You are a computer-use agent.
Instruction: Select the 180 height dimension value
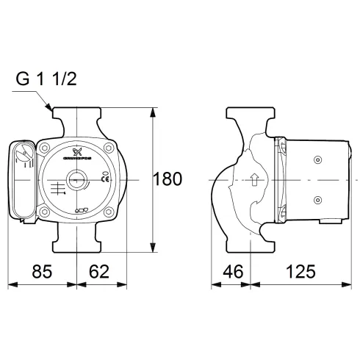pos(168,179)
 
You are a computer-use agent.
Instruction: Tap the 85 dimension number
pos(42,271)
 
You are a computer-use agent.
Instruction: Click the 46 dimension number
pos(232,271)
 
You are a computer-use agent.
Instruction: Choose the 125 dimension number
pos(295,271)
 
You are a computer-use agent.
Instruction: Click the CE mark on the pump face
pos(105,179)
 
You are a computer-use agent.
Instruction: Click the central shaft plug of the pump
pos(76,179)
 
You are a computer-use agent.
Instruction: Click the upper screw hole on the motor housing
pos(318,160)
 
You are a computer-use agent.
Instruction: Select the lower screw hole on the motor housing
pos(318,199)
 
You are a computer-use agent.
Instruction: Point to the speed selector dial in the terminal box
pos(24,156)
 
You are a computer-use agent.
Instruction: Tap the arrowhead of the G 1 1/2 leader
pos(50,109)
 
